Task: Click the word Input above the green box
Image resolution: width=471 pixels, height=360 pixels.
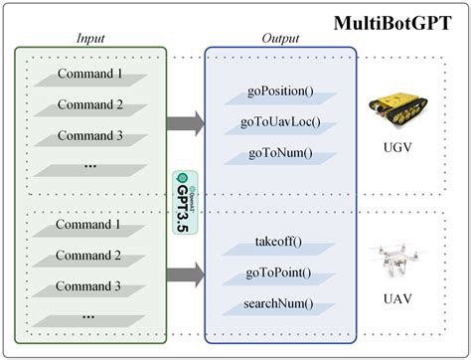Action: click(90, 38)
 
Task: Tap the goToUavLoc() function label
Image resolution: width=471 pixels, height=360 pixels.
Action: click(279, 123)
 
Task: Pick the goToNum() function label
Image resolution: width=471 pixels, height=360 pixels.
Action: click(279, 153)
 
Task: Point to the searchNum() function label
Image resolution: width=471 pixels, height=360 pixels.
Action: click(279, 303)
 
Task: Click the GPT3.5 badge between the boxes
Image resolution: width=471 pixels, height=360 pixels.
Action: click(181, 202)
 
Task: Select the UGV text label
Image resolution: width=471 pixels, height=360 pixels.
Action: click(398, 155)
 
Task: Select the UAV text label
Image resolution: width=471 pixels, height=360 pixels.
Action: click(398, 298)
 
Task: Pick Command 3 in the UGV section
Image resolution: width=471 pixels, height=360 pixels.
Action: click(90, 135)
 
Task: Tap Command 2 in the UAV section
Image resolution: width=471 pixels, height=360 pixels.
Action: click(90, 256)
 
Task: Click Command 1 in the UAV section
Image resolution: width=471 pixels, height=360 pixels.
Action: click(90, 225)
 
